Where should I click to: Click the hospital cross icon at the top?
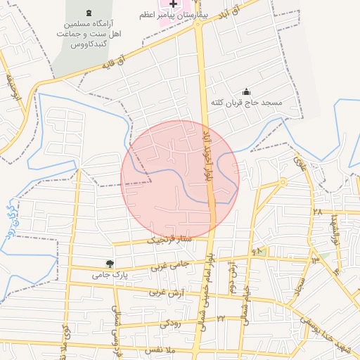173,5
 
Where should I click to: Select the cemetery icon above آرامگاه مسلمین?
88,14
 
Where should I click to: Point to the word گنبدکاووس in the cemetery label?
86,44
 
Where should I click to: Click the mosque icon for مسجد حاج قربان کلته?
246,91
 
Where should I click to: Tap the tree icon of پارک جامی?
108,264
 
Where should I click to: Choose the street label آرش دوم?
231,278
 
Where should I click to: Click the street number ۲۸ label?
317,210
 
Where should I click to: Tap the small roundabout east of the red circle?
283,182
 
